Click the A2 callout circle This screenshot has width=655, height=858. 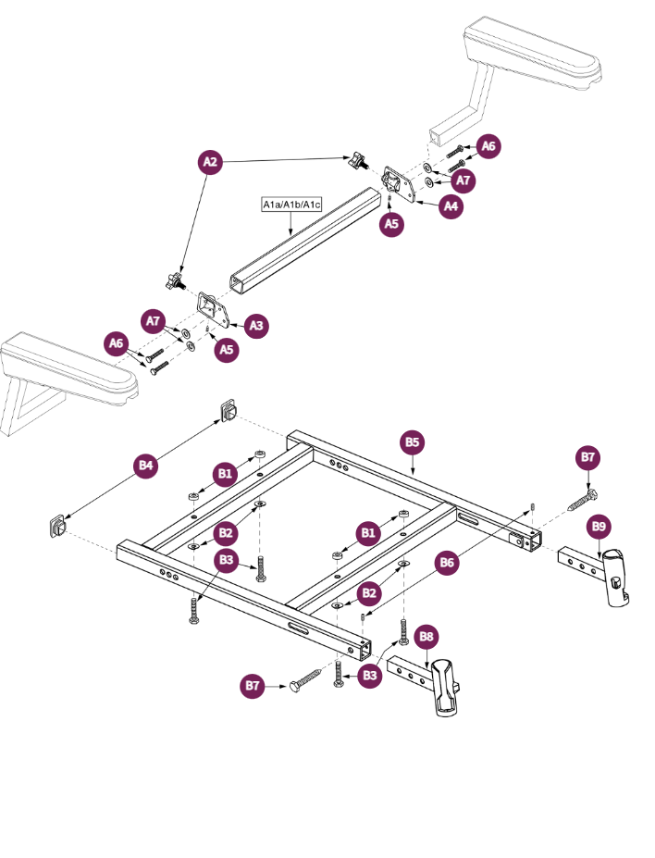coord(211,162)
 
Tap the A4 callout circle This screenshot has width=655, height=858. coord(451,206)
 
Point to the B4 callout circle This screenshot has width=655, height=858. coord(144,466)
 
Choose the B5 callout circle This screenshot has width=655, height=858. coord(414,442)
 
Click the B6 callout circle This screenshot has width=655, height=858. coord(448,562)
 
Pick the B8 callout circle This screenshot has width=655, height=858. coord(426,637)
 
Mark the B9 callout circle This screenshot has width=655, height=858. coord(599,527)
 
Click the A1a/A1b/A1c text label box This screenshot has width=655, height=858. coord(291,204)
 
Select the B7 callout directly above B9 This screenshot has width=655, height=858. coord(588,457)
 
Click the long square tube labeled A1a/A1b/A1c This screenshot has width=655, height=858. coord(305,242)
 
